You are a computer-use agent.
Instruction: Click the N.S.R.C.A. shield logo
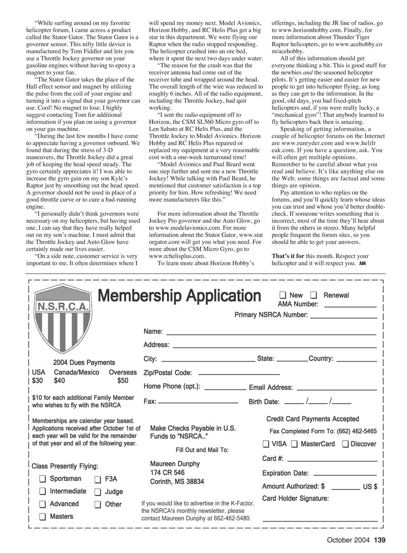[x=63, y=319]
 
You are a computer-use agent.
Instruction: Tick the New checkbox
[x=283, y=295]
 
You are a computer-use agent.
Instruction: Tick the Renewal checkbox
[x=314, y=295]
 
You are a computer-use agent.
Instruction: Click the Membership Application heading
[x=179, y=295]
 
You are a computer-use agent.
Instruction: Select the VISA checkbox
[x=266, y=444]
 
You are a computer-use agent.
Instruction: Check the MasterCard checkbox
[x=295, y=444]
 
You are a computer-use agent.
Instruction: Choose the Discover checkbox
[x=345, y=444]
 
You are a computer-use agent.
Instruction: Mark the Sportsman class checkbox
[x=43, y=479]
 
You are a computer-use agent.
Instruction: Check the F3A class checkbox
[x=98, y=479]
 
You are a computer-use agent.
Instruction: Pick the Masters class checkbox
[x=43, y=517]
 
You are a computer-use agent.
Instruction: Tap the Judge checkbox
[x=98, y=492]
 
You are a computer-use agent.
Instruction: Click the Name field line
[x=271, y=334]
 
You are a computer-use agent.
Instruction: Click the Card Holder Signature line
[x=320, y=520]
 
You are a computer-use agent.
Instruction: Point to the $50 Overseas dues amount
[x=123, y=381]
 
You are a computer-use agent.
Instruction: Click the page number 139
[x=379, y=541]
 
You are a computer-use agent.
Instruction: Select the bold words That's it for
[x=288, y=256]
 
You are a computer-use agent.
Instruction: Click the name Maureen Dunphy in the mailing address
[x=175, y=464]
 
